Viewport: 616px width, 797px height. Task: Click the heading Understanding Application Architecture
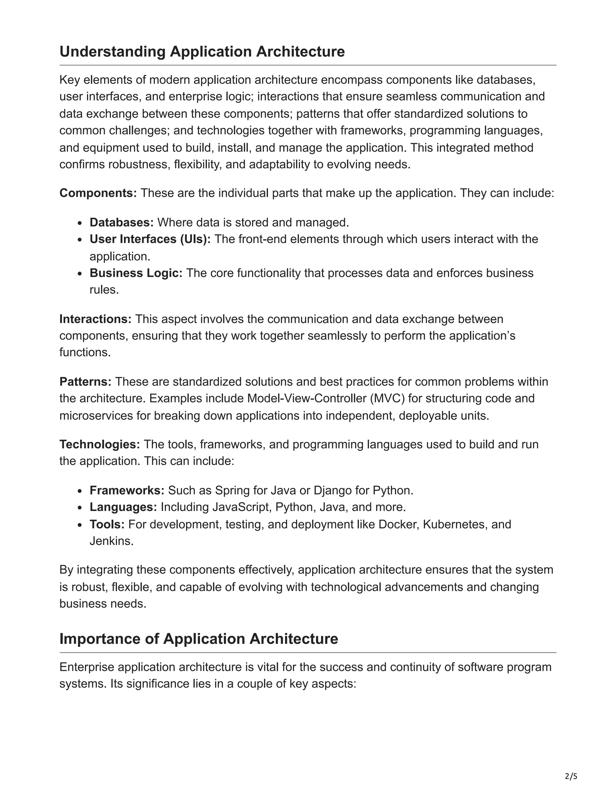[x=202, y=51]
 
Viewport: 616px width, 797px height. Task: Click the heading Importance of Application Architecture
[x=199, y=639]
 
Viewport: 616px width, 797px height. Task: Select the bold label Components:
[x=98, y=193]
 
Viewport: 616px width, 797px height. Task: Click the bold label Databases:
[x=122, y=222]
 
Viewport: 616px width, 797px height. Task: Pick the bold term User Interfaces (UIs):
[x=150, y=239]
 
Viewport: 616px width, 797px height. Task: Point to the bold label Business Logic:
[x=136, y=273]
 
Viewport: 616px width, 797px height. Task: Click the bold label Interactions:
[x=96, y=319]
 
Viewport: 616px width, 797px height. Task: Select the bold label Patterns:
[x=85, y=382]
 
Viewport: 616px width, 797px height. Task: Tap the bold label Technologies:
[x=100, y=445]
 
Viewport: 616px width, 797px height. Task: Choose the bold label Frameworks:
[x=127, y=491]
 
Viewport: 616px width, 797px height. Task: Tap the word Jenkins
[x=111, y=541]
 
